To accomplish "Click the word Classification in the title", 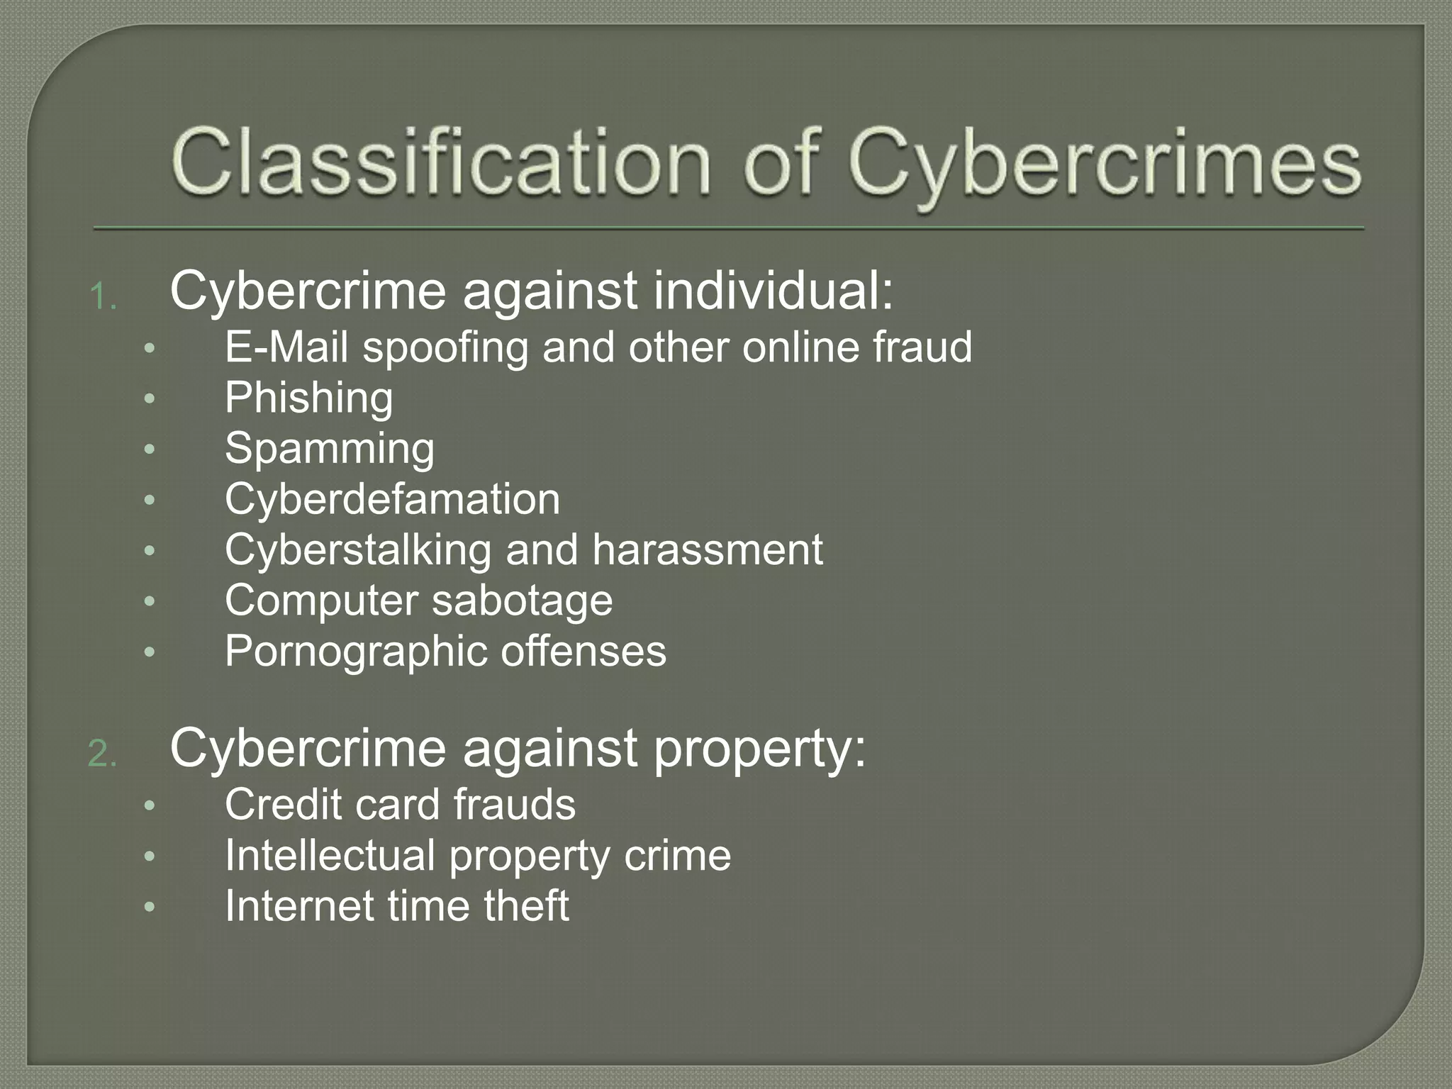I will pyautogui.click(x=440, y=162).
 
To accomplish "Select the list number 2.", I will pyautogui.click(x=102, y=754).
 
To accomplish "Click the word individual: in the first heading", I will pyautogui.click(x=773, y=291).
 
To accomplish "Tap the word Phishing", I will pyautogui.click(x=308, y=398).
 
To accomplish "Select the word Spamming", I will pyautogui.click(x=330, y=449).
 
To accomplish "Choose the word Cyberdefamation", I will pyautogui.click(x=392, y=499).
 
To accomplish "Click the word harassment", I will pyautogui.click(x=708, y=549).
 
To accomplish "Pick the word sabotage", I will pyautogui.click(x=522, y=601).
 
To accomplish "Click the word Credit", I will pyautogui.click(x=283, y=805).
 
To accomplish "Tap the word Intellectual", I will pyautogui.click(x=330, y=855).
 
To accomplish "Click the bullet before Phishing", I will pyautogui.click(x=149, y=399).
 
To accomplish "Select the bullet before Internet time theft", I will pyautogui.click(x=149, y=907).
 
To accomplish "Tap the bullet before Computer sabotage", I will pyautogui.click(x=149, y=601).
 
